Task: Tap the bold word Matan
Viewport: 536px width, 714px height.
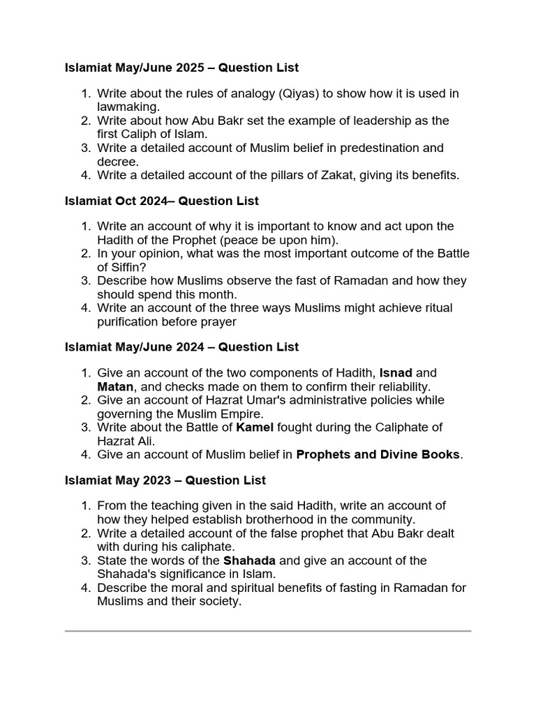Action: coord(115,386)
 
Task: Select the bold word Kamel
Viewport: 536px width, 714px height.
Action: coord(255,427)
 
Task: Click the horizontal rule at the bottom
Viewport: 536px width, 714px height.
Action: coord(268,631)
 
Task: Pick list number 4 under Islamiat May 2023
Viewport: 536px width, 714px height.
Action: coord(85,588)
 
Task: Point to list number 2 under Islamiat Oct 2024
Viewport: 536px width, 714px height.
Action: coord(85,253)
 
